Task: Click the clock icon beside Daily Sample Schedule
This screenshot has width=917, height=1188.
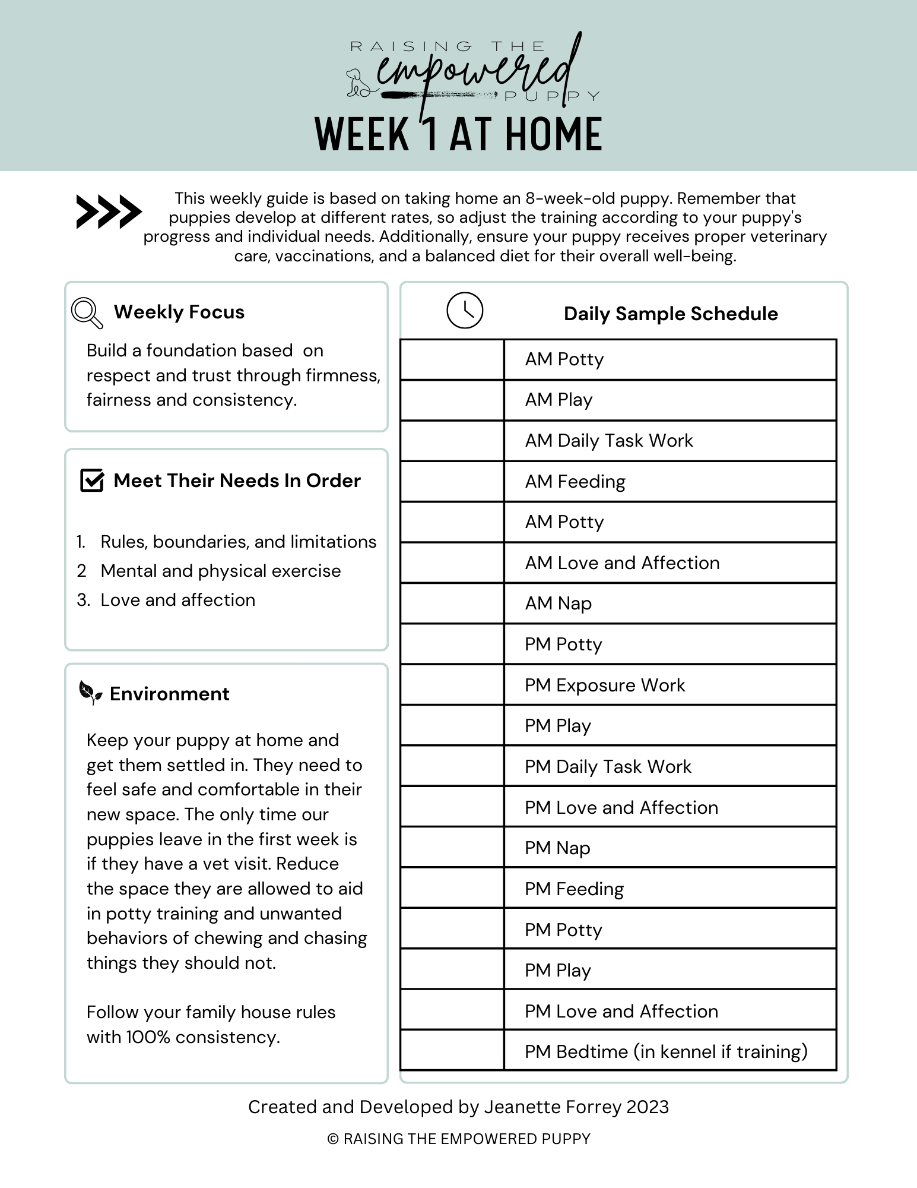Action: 465,311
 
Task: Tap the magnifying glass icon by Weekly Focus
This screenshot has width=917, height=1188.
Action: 86,312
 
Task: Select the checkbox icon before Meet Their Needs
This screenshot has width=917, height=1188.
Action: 92,481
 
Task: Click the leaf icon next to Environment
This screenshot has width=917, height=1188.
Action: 90,693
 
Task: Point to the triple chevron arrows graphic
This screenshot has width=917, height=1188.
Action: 109,211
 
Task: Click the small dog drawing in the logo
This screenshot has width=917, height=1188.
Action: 358,83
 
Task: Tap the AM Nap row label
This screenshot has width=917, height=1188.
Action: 558,604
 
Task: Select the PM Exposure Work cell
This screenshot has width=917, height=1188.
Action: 604,685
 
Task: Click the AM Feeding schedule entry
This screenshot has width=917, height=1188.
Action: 575,481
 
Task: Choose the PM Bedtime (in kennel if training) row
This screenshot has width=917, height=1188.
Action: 666,1051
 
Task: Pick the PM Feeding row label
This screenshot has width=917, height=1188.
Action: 574,889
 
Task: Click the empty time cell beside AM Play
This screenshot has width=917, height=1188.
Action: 452,400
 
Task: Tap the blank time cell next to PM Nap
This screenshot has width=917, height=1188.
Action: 452,848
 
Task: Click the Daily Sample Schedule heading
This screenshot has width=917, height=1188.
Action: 670,314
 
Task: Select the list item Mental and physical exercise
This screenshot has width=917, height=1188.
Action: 220,571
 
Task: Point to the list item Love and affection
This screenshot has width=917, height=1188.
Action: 177,600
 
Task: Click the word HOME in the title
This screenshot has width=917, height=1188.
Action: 554,135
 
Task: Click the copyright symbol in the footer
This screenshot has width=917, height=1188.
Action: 333,1139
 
